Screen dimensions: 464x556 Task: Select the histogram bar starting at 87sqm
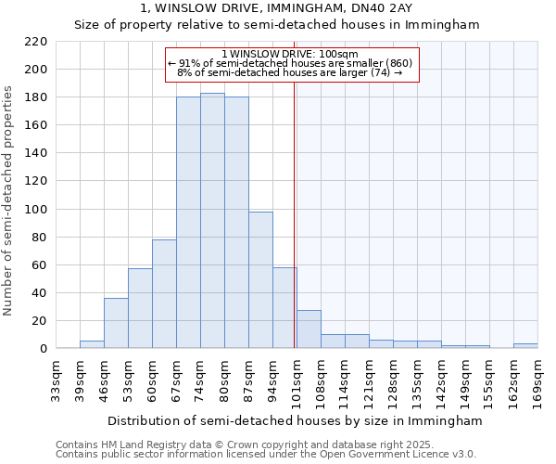tap(260, 279)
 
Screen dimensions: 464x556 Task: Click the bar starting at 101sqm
tap(309, 329)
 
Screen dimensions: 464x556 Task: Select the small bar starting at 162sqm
tap(525, 346)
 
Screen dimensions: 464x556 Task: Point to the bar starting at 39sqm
tap(92, 344)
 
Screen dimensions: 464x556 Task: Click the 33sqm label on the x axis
tap(56, 380)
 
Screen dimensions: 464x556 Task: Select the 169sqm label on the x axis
tap(537, 380)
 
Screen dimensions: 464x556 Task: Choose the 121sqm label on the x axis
tap(369, 380)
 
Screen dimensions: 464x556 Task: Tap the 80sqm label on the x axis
tap(224, 380)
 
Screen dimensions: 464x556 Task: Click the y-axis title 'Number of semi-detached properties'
tap(9, 200)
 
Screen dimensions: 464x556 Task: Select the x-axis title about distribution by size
tap(295, 420)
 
